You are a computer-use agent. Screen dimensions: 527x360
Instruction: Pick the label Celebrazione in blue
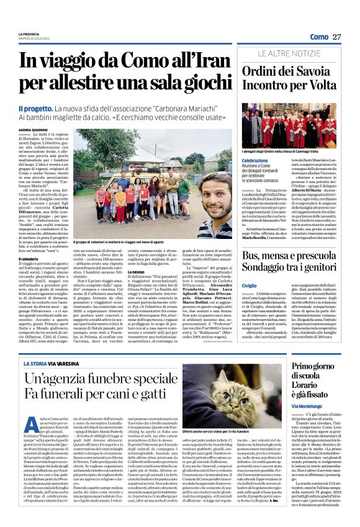[x=255, y=160]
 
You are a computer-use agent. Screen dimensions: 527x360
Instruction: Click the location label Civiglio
[x=249, y=285]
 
